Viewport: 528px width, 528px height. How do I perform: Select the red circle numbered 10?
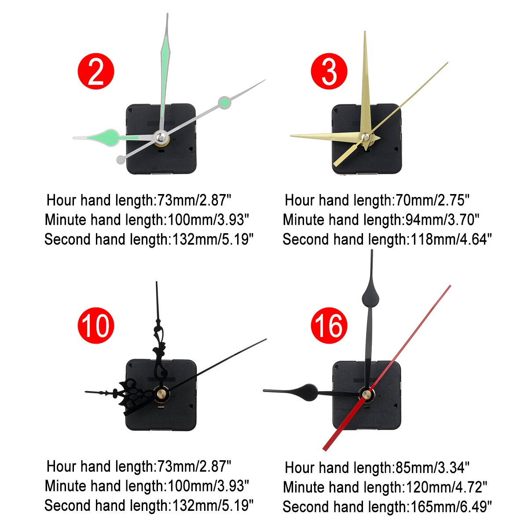95,326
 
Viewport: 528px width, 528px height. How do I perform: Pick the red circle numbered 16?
329,326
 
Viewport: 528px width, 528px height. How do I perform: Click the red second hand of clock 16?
409,339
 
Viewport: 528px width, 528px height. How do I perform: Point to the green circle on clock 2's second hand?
224,103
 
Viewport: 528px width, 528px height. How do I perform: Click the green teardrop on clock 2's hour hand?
107,136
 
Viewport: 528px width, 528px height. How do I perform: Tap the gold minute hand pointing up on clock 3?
365,84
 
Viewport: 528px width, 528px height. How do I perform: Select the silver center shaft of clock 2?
161,138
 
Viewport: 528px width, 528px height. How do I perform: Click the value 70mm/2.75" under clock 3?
432,200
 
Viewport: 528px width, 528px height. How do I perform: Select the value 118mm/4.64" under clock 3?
451,239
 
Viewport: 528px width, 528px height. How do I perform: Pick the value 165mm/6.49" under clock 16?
451,506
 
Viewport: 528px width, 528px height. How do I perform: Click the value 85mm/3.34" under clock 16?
432,467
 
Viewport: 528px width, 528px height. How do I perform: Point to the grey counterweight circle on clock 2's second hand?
121,159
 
